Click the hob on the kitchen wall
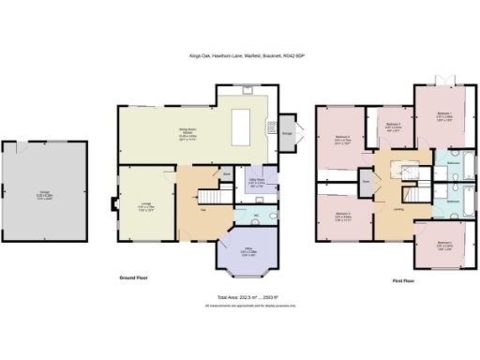pyautogui.click(x=271, y=128)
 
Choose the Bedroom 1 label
pyautogui.click(x=443, y=116)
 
